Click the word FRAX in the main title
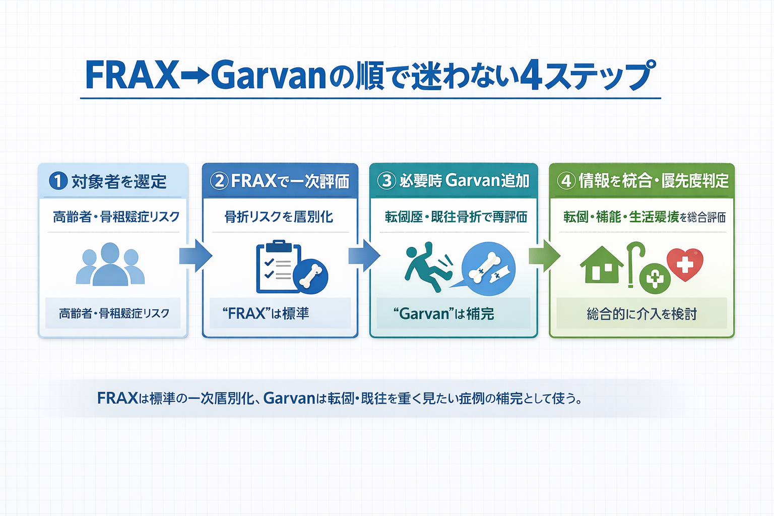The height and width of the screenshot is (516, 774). [x=133, y=76]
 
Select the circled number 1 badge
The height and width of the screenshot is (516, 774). [x=58, y=180]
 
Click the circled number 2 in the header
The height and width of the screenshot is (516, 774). [x=219, y=180]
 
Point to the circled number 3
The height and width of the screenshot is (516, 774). [x=386, y=180]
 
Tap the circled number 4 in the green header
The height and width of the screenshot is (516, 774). [x=566, y=180]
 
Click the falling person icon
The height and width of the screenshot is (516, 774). [x=426, y=267]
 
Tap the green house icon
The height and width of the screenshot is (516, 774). [x=601, y=265]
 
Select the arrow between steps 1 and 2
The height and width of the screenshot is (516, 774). [x=196, y=256]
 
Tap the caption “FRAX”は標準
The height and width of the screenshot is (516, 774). [x=266, y=313]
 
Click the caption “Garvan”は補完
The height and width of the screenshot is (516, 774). [x=443, y=314]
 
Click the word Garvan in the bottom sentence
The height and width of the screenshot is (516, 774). [x=289, y=398]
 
